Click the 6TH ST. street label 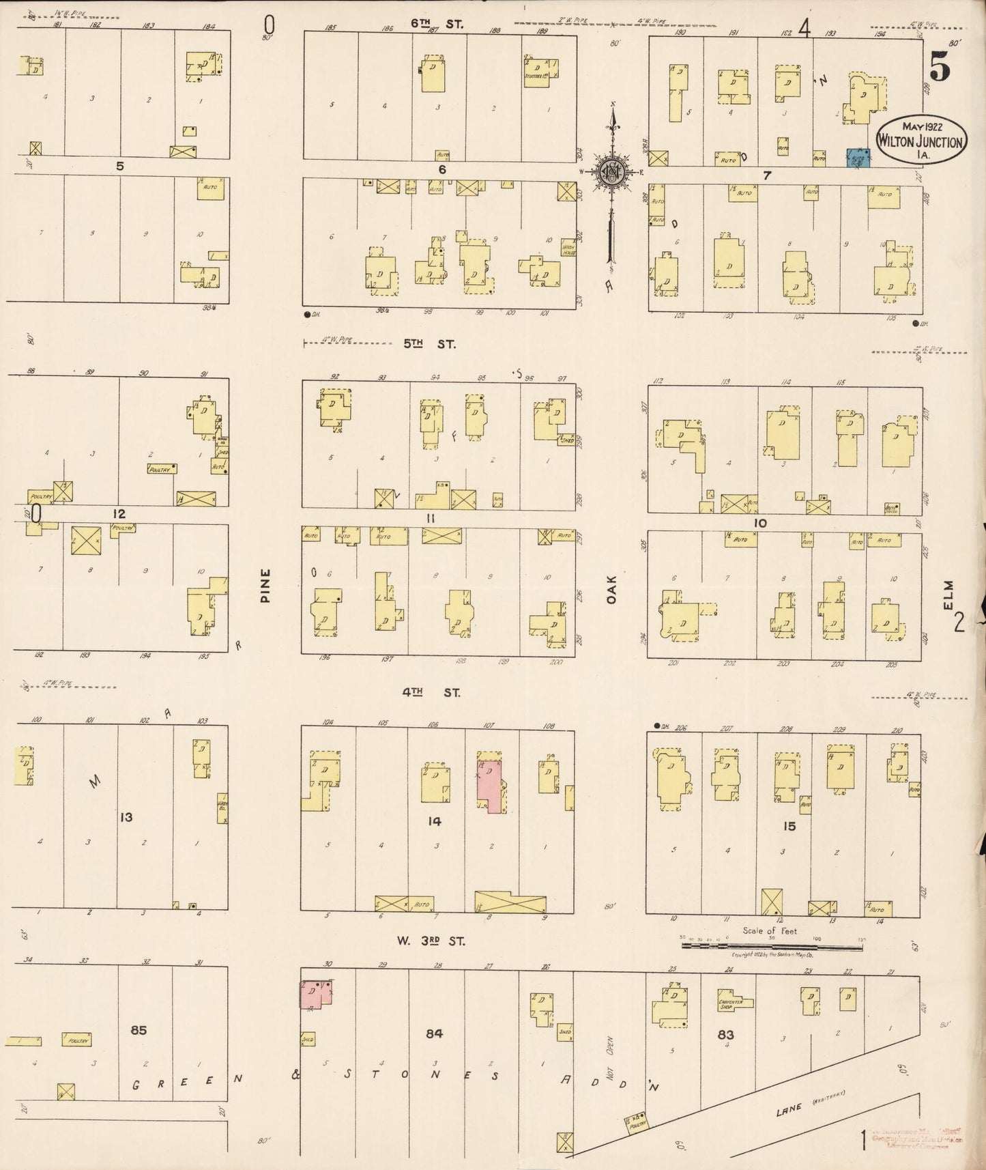tap(437, 23)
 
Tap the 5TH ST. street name tap(429, 344)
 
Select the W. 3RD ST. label tap(431, 941)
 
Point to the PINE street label tap(265, 585)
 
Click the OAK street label tap(611, 589)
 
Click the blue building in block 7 tap(857, 158)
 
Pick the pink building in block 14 tap(492, 784)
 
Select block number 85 tap(139, 1029)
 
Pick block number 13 tap(126, 817)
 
